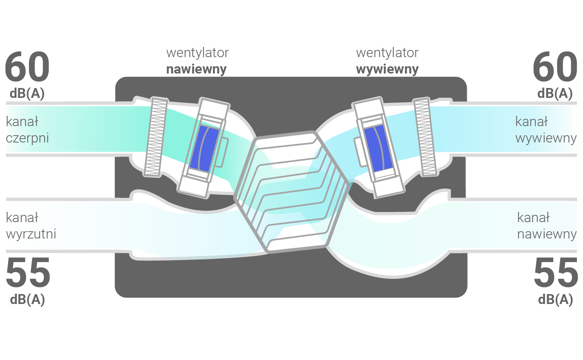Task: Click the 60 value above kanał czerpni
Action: pyautogui.click(x=27, y=67)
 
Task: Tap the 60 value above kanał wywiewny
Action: pyautogui.click(x=555, y=67)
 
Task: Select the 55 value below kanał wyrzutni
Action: pyautogui.click(x=28, y=272)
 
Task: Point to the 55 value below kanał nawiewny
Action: pyautogui.click(x=556, y=272)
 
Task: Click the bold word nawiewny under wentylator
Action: pyautogui.click(x=196, y=69)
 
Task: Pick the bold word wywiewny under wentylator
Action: pyautogui.click(x=387, y=69)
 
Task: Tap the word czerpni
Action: pyautogui.click(x=27, y=138)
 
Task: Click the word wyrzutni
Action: pyautogui.click(x=31, y=234)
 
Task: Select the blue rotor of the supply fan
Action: pyautogui.click(x=204, y=148)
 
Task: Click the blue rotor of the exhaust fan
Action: pyautogui.click(x=378, y=148)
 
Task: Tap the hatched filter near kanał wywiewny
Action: pyautogui.click(x=425, y=137)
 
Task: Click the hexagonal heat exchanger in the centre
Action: pyautogui.click(x=291, y=192)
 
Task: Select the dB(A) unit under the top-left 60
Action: pyautogui.click(x=27, y=93)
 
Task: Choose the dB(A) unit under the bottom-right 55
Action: pyautogui.click(x=556, y=299)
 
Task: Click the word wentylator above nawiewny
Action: pyautogui.click(x=197, y=53)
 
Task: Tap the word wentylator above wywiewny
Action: pyautogui.click(x=387, y=53)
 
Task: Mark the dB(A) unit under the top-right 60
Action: pyautogui.click(x=555, y=93)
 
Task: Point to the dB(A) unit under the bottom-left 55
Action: pyautogui.click(x=27, y=299)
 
